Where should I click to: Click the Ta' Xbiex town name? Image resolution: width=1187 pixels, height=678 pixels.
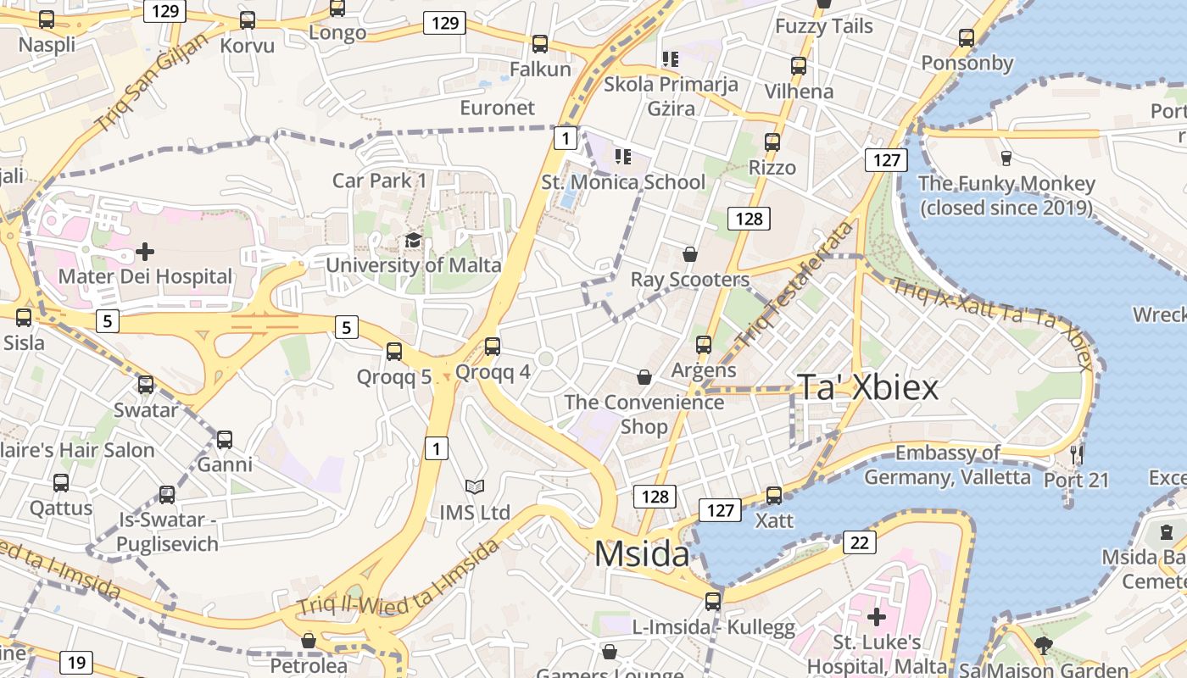pyautogui.click(x=867, y=387)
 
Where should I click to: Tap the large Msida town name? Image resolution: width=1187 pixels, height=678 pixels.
pyautogui.click(x=642, y=553)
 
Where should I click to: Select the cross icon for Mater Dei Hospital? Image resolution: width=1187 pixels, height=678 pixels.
pyautogui.click(x=145, y=252)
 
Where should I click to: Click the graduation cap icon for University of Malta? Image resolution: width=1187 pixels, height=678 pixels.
pyautogui.click(x=413, y=241)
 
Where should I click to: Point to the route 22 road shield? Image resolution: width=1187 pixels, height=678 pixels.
pyautogui.click(x=859, y=542)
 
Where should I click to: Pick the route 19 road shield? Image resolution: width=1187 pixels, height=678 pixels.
pyautogui.click(x=75, y=662)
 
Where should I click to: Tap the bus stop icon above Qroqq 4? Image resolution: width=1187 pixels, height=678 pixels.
pyautogui.click(x=493, y=347)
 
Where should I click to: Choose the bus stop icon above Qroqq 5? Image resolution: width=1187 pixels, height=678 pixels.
pyautogui.click(x=394, y=351)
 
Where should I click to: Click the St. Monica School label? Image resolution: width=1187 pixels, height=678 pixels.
pyautogui.click(x=623, y=182)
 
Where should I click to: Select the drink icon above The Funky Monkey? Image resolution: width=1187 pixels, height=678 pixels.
pyautogui.click(x=1006, y=158)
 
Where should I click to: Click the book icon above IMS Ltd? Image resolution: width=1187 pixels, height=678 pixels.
pyautogui.click(x=475, y=487)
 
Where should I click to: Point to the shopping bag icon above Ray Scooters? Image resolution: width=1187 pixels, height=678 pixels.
pyautogui.click(x=690, y=254)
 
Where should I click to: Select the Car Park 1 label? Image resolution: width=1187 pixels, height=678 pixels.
pyautogui.click(x=379, y=181)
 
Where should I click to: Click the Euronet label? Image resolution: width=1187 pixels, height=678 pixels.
pyautogui.click(x=498, y=108)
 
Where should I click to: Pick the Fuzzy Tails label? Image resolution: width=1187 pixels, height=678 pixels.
pyautogui.click(x=823, y=26)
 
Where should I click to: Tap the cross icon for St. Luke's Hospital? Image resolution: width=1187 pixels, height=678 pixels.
pyautogui.click(x=877, y=616)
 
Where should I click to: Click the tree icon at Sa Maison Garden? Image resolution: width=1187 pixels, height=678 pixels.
pyautogui.click(x=1044, y=647)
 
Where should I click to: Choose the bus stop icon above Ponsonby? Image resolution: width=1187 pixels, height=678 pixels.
pyautogui.click(x=967, y=38)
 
